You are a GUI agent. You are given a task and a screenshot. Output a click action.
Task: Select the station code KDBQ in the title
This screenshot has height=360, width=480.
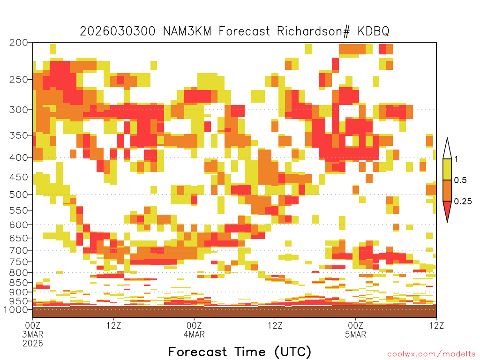[x=373, y=31]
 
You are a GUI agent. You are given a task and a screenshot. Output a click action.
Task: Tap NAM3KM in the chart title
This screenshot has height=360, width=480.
[x=187, y=31]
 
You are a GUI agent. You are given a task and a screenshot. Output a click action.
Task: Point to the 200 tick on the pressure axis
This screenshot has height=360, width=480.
[x=18, y=43]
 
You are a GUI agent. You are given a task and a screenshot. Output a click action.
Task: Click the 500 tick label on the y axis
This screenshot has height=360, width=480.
[x=18, y=195]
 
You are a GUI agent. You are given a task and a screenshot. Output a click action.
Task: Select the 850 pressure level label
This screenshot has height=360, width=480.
[x=18, y=283]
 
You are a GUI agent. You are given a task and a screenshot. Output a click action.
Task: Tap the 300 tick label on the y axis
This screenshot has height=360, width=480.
[x=18, y=110]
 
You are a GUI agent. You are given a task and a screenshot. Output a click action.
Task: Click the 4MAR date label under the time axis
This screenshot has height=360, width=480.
[x=194, y=334]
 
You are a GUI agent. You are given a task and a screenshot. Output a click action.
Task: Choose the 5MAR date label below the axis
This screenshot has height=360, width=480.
[x=355, y=334]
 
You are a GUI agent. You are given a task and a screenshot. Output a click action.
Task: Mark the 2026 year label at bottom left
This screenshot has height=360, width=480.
[x=33, y=343]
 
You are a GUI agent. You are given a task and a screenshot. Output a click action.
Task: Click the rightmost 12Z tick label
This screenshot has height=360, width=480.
[x=436, y=325]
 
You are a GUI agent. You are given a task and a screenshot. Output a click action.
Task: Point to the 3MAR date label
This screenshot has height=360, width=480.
[x=33, y=334]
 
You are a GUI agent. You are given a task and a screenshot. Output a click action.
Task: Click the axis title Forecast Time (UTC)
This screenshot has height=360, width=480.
[x=240, y=352]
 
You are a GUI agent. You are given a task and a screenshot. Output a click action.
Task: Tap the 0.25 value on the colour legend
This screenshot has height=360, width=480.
[x=463, y=202]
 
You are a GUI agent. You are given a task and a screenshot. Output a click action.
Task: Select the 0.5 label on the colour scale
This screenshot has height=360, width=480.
[x=460, y=180]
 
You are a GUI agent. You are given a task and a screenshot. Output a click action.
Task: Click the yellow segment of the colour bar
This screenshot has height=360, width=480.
[x=447, y=169]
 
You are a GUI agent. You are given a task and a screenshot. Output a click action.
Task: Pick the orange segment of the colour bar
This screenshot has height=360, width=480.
[x=447, y=190]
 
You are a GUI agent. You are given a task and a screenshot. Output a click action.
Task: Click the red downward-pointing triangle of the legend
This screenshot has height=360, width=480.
[x=447, y=210]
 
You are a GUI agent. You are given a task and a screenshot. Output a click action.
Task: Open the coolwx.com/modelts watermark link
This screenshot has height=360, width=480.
[x=432, y=354]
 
